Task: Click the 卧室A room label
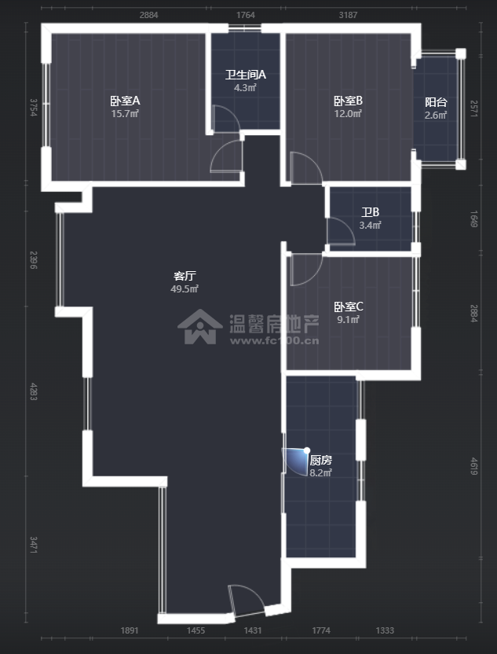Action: [125, 101]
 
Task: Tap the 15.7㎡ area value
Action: [125, 114]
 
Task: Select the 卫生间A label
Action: [246, 75]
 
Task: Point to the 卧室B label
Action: [348, 101]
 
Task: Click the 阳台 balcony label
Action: [436, 102]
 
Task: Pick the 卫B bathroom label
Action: [371, 212]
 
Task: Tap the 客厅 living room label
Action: [185, 276]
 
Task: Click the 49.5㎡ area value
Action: [185, 289]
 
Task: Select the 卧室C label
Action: [348, 307]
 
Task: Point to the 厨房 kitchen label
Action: [320, 460]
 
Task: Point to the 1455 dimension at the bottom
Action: [196, 630]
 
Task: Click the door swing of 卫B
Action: [340, 231]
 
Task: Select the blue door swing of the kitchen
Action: [297, 461]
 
